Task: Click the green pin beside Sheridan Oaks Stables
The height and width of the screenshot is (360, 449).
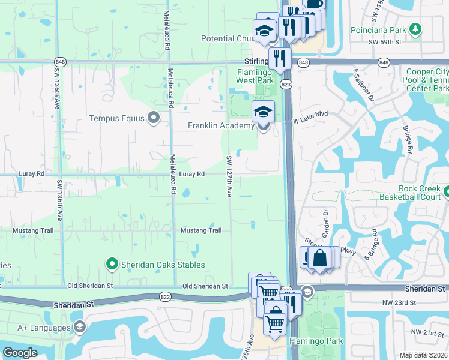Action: tap(112, 263)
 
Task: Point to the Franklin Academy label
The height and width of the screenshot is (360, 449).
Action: tap(221, 125)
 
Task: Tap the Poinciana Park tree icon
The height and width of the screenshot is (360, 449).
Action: tap(414, 29)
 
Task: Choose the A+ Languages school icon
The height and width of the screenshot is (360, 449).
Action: tap(79, 327)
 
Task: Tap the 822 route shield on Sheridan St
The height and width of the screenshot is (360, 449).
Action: tap(165, 296)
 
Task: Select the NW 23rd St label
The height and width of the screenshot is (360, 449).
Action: tap(399, 302)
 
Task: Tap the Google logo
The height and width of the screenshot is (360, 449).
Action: tap(20, 353)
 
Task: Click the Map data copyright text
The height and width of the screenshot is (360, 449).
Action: tap(424, 355)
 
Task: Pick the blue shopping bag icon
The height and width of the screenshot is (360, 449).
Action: tap(320, 258)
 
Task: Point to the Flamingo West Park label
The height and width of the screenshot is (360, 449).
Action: tap(255, 76)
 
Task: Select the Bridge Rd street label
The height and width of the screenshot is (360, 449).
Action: tap(409, 142)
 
